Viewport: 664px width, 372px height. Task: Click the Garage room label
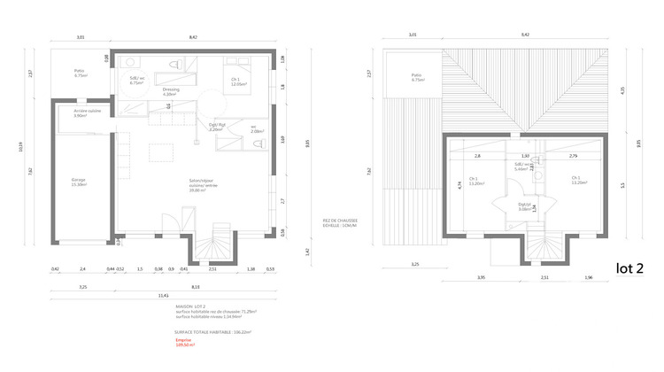pos(79,182)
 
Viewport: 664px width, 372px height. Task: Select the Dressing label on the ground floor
pos(171,91)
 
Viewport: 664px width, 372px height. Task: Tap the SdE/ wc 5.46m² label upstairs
pos(521,167)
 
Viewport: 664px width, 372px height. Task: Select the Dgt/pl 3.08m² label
pos(525,206)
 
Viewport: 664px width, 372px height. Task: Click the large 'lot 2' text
pos(629,267)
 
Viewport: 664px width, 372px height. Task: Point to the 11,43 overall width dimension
pos(164,296)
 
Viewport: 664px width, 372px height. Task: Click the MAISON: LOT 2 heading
pos(190,306)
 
